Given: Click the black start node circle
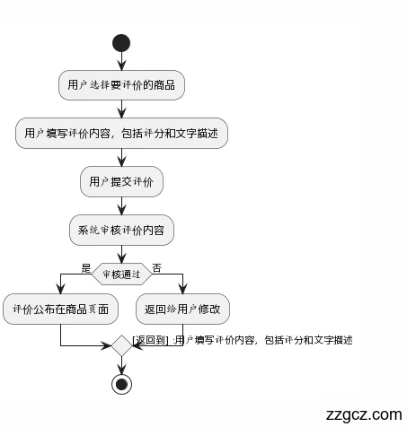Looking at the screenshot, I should (121, 42).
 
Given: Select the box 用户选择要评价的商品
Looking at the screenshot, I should (121, 86).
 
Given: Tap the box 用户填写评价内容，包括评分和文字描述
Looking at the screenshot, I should (121, 134).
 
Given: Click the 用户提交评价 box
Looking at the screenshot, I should (121, 182).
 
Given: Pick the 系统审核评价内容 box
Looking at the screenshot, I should (121, 231).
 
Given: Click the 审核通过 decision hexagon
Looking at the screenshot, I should (121, 274).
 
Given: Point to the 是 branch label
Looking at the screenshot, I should (86, 268).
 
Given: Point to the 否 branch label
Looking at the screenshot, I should (157, 268).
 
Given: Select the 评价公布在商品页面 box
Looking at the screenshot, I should (60, 309).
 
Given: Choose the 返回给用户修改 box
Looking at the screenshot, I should (183, 309).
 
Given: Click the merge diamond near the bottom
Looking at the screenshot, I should (121, 345).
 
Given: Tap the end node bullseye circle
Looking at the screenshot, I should (121, 383).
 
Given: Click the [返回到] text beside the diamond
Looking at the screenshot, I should (150, 340).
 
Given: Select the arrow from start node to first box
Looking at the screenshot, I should (121, 61).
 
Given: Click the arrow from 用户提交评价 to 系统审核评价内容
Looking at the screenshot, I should (121, 205).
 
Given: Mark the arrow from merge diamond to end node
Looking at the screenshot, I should (121, 363).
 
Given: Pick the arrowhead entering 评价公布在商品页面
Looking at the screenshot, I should (60, 290).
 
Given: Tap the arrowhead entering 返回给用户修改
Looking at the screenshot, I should (183, 290).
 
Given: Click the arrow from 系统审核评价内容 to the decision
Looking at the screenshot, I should (121, 253).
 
